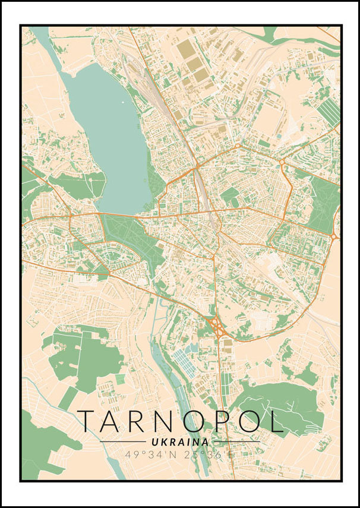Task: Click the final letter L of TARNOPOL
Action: (x=275, y=421)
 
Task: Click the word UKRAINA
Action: (x=180, y=443)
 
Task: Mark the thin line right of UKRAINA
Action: (x=236, y=442)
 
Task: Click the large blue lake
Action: (x=110, y=131)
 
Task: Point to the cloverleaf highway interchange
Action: (x=216, y=327)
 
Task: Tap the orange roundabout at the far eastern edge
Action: (x=334, y=236)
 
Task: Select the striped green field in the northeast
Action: (x=328, y=112)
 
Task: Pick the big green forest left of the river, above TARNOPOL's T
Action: (x=89, y=356)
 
